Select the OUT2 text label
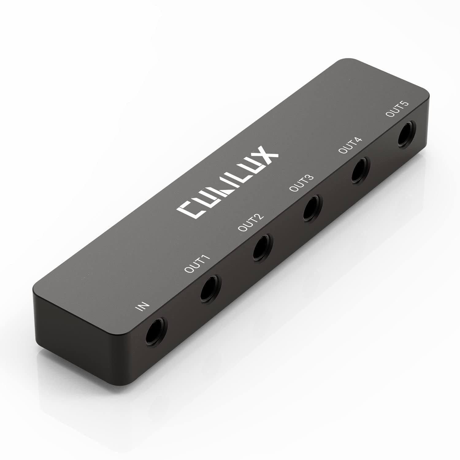(251, 223)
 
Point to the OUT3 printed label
(301, 183)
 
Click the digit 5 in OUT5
(405, 103)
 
